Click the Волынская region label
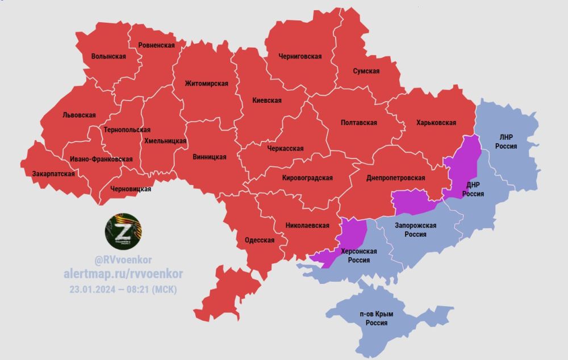point(108,56)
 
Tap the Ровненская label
point(154,45)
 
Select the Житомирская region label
point(206,83)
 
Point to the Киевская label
point(267,101)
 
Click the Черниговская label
point(300,56)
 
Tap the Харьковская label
point(436,122)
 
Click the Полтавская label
point(359,123)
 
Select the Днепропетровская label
point(396,178)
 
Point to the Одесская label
point(260,240)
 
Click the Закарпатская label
point(53,174)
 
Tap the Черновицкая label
point(131,189)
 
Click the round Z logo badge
point(123,231)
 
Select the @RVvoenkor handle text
point(123,259)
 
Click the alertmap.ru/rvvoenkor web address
point(123,274)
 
